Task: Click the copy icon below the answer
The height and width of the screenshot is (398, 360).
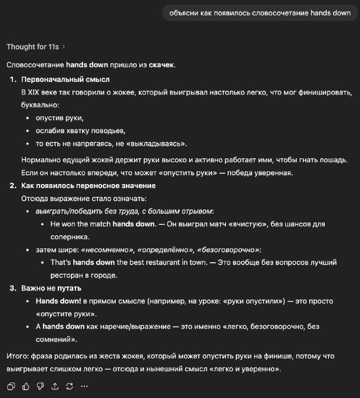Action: pyautogui.click(x=11, y=386)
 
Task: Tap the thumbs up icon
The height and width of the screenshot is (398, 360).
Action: pyautogui.click(x=26, y=386)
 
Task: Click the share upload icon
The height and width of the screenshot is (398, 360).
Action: pyautogui.click(x=55, y=386)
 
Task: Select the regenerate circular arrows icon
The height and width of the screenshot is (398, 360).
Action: pyautogui.click(x=70, y=386)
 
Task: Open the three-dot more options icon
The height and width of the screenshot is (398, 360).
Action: pyautogui.click(x=84, y=386)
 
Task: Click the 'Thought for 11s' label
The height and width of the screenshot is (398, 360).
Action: pyautogui.click(x=32, y=47)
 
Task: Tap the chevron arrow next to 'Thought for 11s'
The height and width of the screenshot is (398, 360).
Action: pyautogui.click(x=64, y=47)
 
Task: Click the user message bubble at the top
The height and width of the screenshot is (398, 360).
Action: pyautogui.click(x=260, y=13)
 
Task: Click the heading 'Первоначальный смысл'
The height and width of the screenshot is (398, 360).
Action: pyautogui.click(x=66, y=80)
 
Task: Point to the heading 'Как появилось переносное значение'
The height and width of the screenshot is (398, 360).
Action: pyautogui.click(x=89, y=186)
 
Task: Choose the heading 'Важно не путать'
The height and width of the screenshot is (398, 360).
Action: pyautogui.click(x=51, y=288)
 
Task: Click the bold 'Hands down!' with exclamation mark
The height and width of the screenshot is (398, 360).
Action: pyautogui.click(x=58, y=301)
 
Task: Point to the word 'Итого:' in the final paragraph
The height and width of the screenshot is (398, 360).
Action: pyautogui.click(x=17, y=356)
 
